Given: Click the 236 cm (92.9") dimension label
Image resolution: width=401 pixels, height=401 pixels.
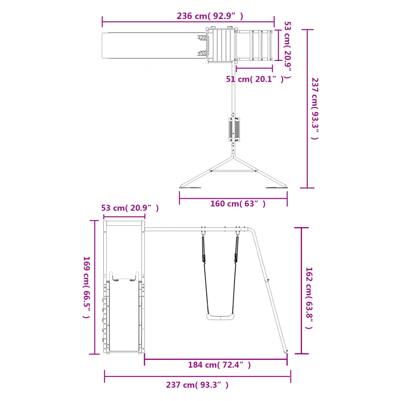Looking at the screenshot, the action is (210, 16).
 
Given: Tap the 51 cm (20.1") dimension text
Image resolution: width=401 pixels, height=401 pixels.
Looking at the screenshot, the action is (255, 79).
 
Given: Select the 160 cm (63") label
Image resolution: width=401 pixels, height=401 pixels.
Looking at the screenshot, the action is (238, 204).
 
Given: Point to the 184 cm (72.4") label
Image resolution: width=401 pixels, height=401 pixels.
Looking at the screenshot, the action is (219, 365).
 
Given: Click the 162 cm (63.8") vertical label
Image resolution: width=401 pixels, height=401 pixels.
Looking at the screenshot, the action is (309, 298).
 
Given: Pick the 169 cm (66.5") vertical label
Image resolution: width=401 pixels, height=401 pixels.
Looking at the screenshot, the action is (87, 287).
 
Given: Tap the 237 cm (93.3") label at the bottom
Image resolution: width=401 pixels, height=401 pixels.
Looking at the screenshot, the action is (197, 385).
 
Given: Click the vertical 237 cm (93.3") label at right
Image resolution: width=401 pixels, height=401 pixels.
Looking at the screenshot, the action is (315, 109).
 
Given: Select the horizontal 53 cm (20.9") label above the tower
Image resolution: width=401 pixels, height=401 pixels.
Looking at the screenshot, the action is (130, 208).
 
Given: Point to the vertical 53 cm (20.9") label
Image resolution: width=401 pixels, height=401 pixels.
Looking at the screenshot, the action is (288, 50).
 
